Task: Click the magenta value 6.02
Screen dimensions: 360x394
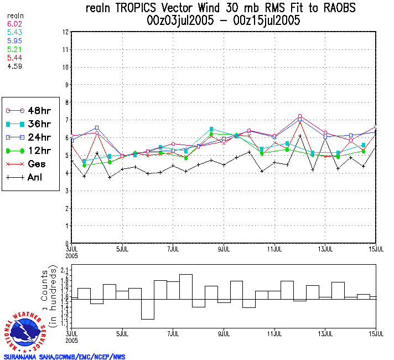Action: point(14,24)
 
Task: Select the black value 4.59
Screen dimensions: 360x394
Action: point(14,66)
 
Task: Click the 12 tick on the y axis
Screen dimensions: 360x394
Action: point(65,32)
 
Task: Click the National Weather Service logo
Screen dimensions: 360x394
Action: point(26,331)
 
